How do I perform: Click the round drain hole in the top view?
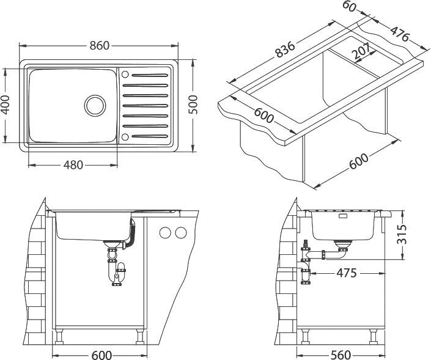click(x=95, y=105)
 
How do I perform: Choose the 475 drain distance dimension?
click(x=345, y=273)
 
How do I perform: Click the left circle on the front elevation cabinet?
click(x=164, y=233)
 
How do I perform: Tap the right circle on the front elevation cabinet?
click(x=180, y=233)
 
